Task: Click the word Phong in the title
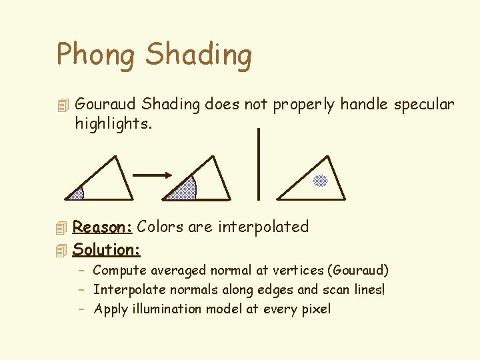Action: [96, 55]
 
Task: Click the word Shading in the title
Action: [199, 55]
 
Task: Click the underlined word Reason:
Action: [103, 227]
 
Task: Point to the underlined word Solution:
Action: [107, 249]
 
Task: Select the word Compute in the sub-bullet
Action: [119, 270]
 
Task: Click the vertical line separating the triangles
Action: [259, 164]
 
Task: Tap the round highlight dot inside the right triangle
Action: [321, 180]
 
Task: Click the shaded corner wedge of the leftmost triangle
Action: [76, 194]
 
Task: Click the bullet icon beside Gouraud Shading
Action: [63, 105]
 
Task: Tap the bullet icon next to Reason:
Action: [63, 228]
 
